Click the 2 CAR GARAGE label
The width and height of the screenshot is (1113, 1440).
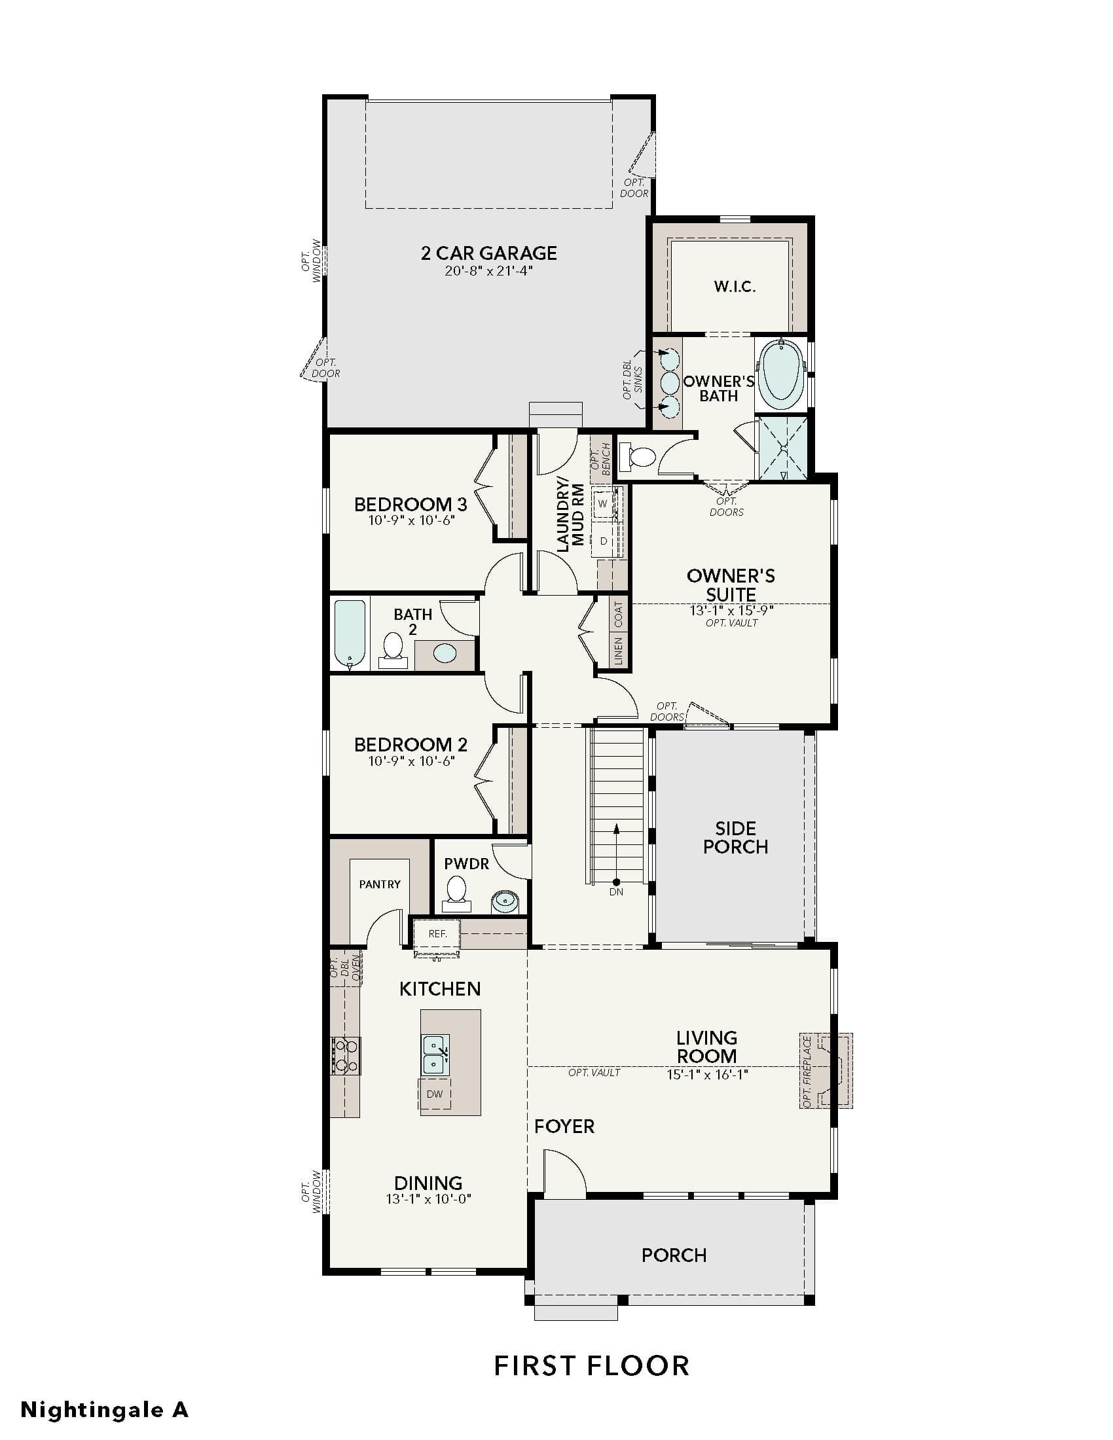point(488,253)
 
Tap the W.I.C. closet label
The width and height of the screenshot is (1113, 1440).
point(735,286)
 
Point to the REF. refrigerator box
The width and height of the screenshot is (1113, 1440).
point(437,933)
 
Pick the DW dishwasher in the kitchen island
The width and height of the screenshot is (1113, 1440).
point(435,1094)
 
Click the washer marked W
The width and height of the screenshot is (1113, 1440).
point(602,504)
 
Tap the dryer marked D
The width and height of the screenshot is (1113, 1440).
point(602,541)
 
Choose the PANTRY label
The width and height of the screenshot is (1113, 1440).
point(380,884)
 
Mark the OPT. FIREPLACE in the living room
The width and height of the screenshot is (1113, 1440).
point(826,1070)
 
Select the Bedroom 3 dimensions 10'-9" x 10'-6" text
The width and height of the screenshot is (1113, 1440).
point(411,520)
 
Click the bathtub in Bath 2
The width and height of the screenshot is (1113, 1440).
point(350,633)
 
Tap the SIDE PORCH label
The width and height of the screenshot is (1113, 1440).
point(735,837)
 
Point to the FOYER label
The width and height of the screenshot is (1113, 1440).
point(564,1126)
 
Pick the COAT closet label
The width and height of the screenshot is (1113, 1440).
point(619,615)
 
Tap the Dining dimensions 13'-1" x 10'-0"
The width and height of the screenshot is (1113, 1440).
point(428,1199)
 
